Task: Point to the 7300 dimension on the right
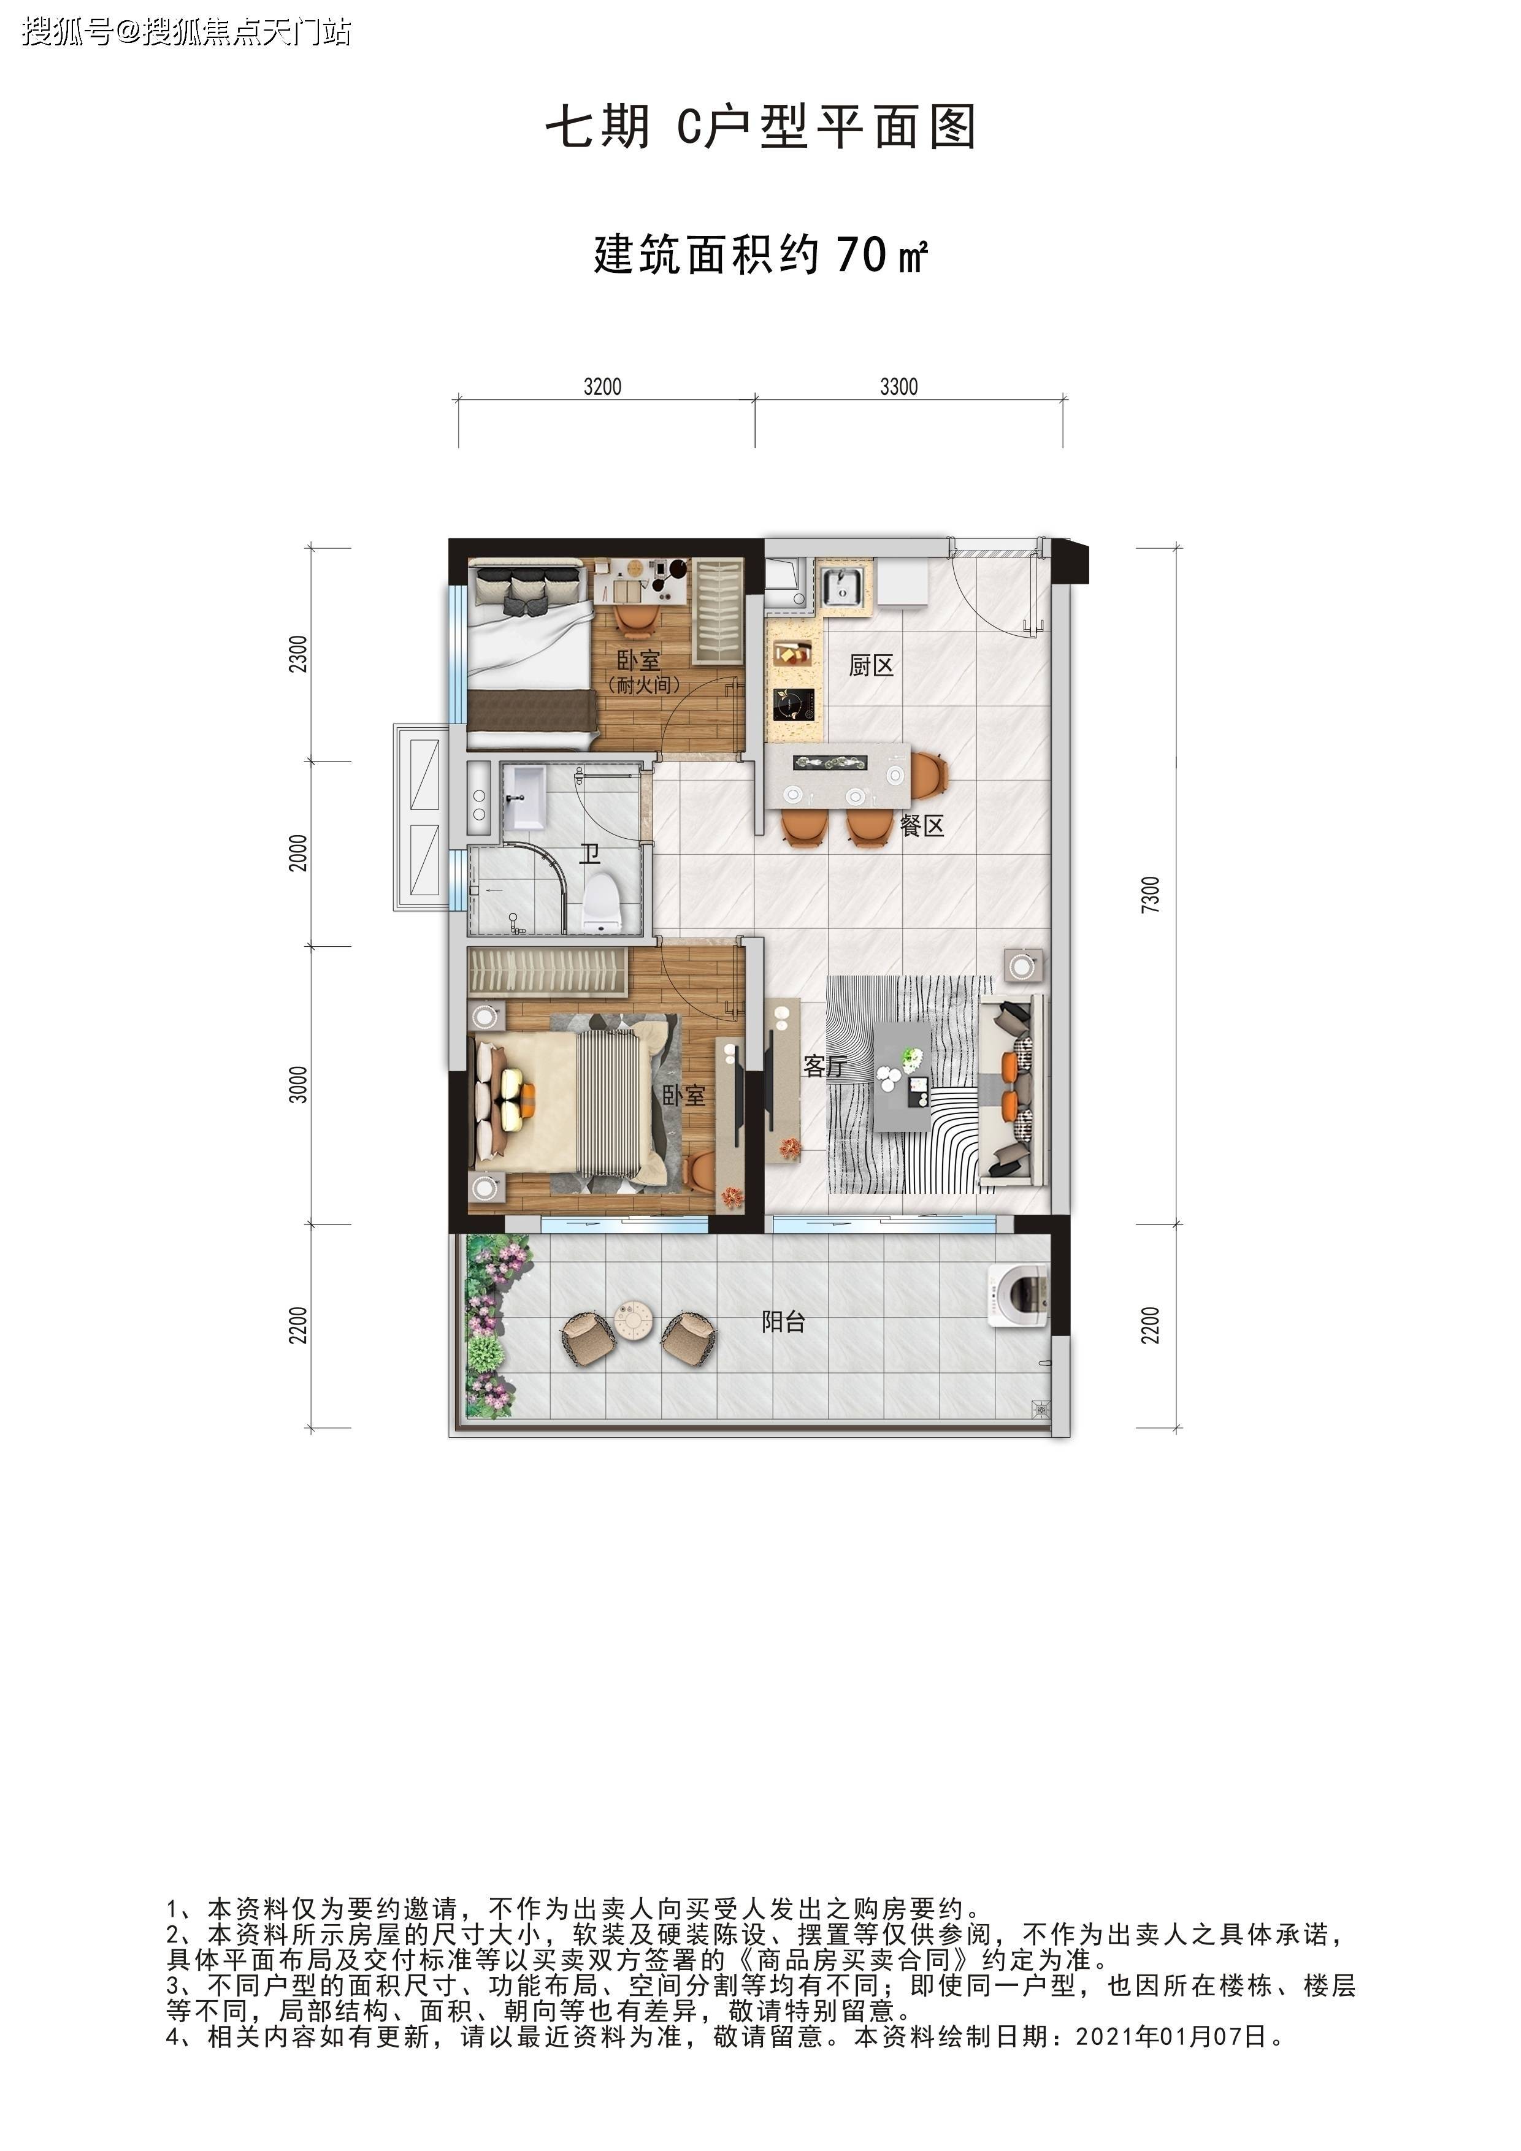click(x=1151, y=895)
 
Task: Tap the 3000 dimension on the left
click(x=298, y=1085)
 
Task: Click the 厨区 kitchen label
click(x=871, y=666)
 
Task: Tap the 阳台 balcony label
click(x=783, y=1322)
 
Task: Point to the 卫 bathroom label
click(x=589, y=854)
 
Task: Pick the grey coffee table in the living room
click(x=902, y=1074)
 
